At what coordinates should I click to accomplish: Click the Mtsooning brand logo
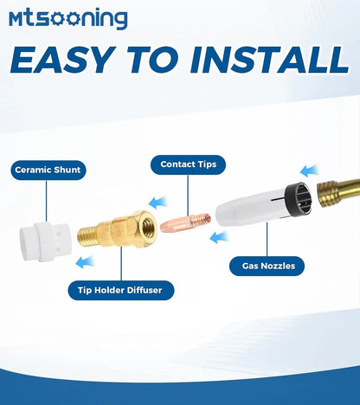(x=68, y=18)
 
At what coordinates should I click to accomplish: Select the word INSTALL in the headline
(x=270, y=60)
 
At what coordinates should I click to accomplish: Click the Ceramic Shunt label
(x=48, y=170)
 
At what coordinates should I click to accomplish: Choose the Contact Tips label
(x=188, y=164)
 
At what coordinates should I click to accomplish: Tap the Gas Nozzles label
(x=267, y=266)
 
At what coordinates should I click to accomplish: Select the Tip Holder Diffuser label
(x=121, y=290)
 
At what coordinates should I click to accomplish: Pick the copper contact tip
(x=185, y=222)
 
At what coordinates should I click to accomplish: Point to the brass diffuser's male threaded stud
(x=87, y=236)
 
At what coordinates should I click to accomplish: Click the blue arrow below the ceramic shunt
(x=85, y=262)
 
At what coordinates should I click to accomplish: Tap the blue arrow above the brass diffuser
(x=157, y=202)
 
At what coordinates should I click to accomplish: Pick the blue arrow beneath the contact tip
(x=219, y=237)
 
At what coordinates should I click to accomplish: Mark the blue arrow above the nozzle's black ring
(x=309, y=170)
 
